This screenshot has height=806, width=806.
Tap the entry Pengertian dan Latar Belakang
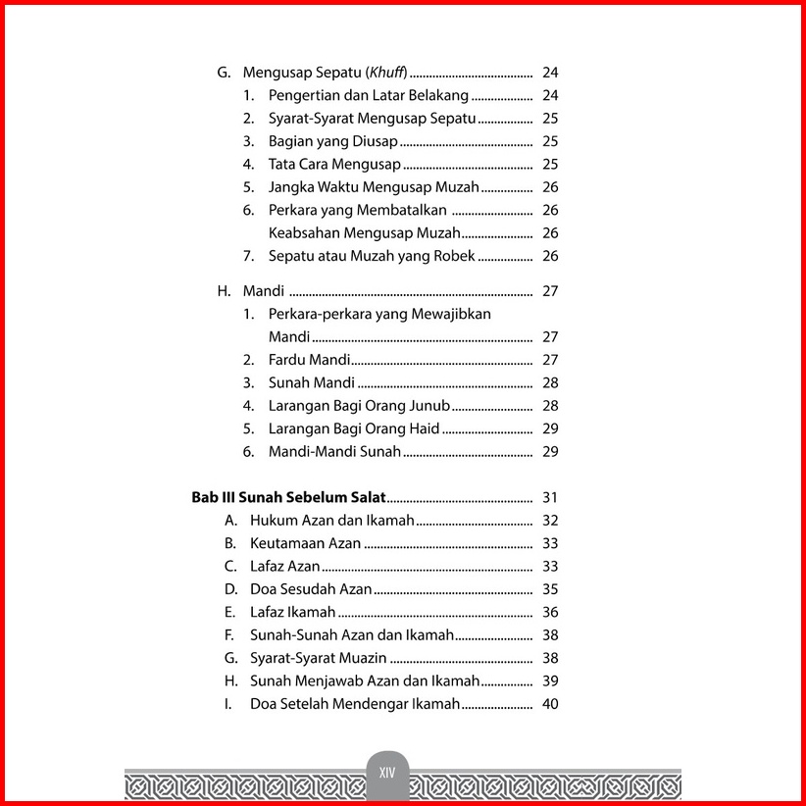point(369,96)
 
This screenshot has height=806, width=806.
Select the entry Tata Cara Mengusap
point(333,164)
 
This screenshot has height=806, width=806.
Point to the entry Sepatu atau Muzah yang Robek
point(372,256)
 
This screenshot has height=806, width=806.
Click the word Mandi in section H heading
point(263,291)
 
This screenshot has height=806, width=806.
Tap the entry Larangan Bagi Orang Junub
point(359,406)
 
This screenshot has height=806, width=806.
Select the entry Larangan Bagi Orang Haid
point(354,428)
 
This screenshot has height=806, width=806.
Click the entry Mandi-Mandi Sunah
point(334,452)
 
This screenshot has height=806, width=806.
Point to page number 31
point(549,498)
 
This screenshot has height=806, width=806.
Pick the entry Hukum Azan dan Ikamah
point(332,521)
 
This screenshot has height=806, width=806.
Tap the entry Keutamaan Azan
point(306,543)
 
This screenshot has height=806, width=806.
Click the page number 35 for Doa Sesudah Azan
point(549,589)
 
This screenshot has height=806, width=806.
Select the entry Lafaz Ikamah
point(293,612)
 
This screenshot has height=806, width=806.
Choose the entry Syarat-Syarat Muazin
point(319,658)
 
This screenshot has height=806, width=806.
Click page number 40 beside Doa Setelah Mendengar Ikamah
point(549,704)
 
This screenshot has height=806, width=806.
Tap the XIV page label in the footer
point(386,773)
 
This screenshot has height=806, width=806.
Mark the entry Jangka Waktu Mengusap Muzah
point(374,187)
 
